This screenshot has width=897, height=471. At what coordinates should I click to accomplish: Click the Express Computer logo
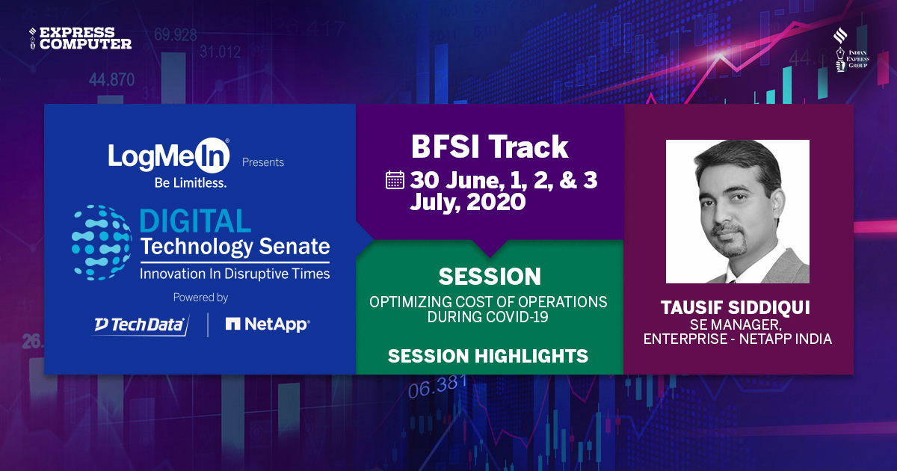(80, 37)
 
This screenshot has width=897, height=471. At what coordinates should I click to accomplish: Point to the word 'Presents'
(263, 161)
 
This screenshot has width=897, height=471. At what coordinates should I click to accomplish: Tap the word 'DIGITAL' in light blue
(196, 221)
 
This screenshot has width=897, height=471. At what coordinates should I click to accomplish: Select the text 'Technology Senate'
(235, 247)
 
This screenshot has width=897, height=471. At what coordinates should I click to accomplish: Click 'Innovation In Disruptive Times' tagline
(235, 274)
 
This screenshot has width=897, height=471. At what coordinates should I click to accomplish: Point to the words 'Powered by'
(200, 297)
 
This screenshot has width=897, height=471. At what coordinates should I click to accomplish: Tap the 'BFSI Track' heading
(490, 147)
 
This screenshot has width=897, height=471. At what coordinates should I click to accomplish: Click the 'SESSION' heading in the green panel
(490, 277)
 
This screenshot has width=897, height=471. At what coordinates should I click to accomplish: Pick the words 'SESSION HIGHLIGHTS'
(488, 357)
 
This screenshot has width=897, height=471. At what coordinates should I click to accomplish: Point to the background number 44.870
(111, 79)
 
